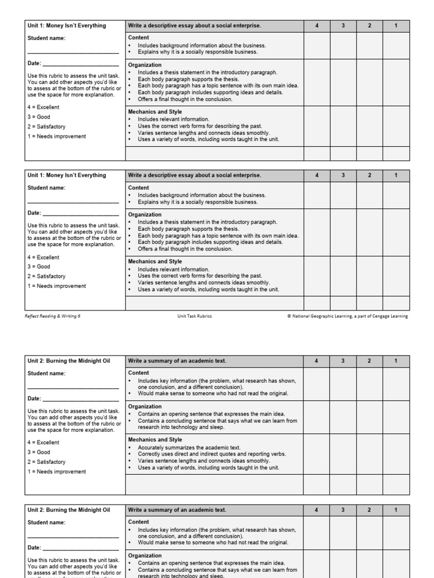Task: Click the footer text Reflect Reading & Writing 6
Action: tap(54, 316)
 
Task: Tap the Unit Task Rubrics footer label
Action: tap(194, 316)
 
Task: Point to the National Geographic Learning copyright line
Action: tap(347, 316)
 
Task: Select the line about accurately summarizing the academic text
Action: tap(189, 448)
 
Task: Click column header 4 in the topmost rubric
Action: tap(317, 25)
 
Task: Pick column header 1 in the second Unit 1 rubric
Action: tap(396, 175)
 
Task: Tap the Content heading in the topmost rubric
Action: tap(138, 37)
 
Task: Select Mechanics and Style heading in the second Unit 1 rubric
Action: tap(155, 261)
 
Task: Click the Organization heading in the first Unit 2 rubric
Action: tap(145, 406)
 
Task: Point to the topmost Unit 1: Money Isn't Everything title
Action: tap(67, 25)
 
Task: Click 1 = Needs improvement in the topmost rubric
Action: tap(57, 136)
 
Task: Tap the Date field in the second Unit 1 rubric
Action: tap(73, 213)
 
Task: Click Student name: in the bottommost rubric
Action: tap(46, 523)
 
